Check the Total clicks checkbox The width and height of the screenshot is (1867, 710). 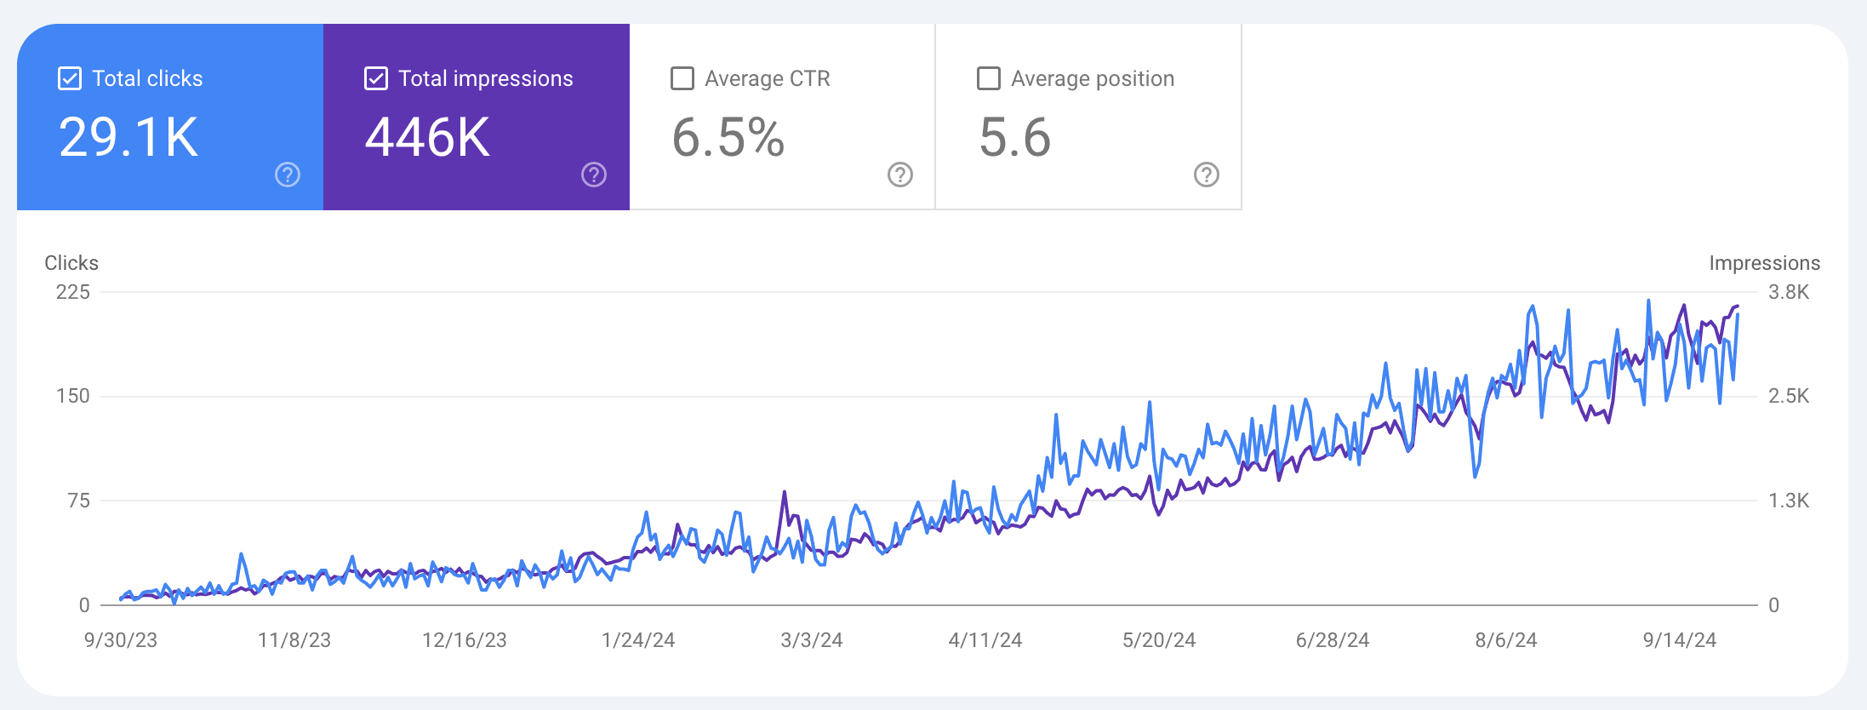(x=70, y=78)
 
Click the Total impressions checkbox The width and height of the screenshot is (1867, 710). (x=376, y=78)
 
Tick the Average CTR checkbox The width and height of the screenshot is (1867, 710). (x=682, y=78)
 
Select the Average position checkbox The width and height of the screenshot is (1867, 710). (x=989, y=78)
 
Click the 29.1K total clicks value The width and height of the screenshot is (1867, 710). (x=128, y=137)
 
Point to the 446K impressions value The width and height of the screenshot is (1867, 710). (x=427, y=137)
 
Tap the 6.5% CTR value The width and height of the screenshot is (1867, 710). (x=728, y=137)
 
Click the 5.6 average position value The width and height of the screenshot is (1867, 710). (x=1015, y=137)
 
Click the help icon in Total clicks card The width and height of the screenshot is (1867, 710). (x=288, y=175)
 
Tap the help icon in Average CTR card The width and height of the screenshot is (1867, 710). (x=900, y=175)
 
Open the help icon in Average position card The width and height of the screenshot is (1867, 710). (x=1207, y=175)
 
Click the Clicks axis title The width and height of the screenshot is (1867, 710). (x=71, y=263)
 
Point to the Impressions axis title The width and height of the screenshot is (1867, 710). (x=1765, y=263)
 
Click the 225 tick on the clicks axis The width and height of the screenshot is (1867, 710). (x=73, y=292)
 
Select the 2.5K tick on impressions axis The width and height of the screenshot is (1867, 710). (x=1789, y=396)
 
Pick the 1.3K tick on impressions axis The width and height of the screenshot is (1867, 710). (x=1789, y=501)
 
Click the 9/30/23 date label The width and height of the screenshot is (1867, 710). (x=121, y=640)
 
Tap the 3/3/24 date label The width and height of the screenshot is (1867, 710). (x=812, y=640)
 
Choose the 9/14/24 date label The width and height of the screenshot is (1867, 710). (x=1680, y=640)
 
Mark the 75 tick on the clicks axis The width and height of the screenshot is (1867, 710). (x=79, y=501)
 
